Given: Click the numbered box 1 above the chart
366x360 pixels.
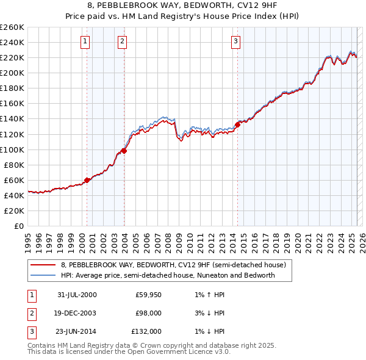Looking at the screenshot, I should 84,41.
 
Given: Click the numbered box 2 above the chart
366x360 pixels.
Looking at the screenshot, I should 122,41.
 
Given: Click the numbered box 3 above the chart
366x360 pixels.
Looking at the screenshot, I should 235,41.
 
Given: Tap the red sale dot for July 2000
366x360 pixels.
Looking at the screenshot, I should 87,179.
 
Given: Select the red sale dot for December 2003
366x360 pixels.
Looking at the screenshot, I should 124,150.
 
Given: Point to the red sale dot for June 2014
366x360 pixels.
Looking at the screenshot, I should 237,124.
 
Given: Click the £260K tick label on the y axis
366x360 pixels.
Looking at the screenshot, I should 12,27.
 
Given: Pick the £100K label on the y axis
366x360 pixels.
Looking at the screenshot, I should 12,149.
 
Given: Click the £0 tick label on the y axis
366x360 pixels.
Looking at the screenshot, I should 20,226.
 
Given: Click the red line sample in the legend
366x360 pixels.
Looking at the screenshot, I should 43,265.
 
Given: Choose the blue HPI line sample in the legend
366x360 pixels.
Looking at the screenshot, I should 43,275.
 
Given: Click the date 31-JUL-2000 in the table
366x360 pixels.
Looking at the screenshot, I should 77,295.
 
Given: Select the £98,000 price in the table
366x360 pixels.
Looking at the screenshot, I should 148,313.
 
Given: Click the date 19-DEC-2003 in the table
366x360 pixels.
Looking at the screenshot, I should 77,313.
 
